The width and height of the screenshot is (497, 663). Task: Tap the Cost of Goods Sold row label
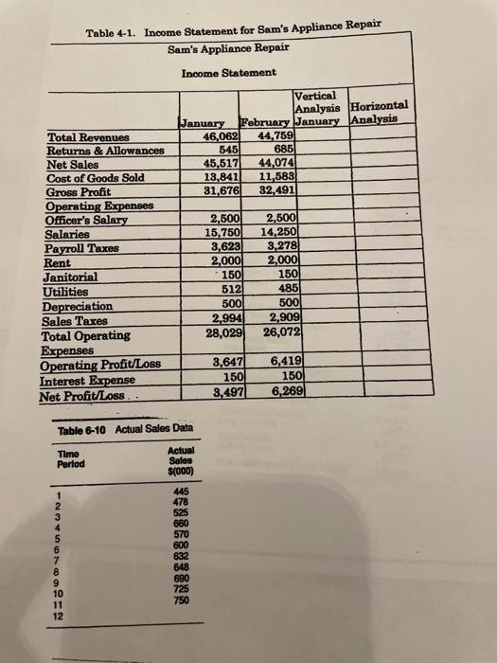click(93, 176)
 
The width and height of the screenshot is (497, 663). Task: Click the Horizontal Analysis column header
click(379, 114)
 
